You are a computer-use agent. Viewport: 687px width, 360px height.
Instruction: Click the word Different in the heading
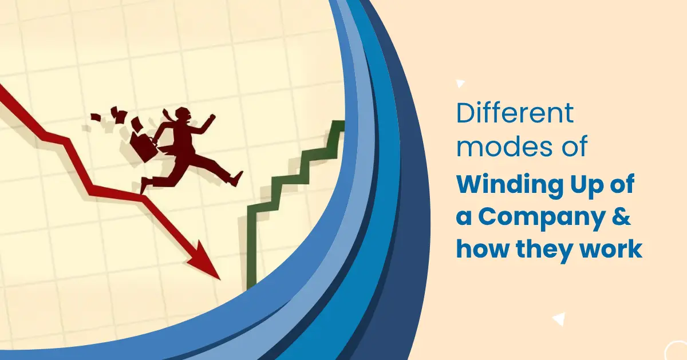[515, 113]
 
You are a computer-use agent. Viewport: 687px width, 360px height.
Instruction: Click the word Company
[542, 218]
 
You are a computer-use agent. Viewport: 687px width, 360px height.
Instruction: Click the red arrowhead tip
[220, 279]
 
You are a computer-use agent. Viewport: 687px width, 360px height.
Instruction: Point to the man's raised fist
[212, 117]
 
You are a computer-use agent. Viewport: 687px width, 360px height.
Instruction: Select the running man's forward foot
[237, 179]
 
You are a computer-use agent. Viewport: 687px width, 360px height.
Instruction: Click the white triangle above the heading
[460, 84]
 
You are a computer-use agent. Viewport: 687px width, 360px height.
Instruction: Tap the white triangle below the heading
[559, 319]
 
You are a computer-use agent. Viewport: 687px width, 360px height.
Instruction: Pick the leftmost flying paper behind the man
[96, 117]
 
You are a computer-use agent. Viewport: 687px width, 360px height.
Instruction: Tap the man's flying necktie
[168, 114]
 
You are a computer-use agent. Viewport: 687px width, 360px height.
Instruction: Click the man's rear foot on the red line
[144, 185]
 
